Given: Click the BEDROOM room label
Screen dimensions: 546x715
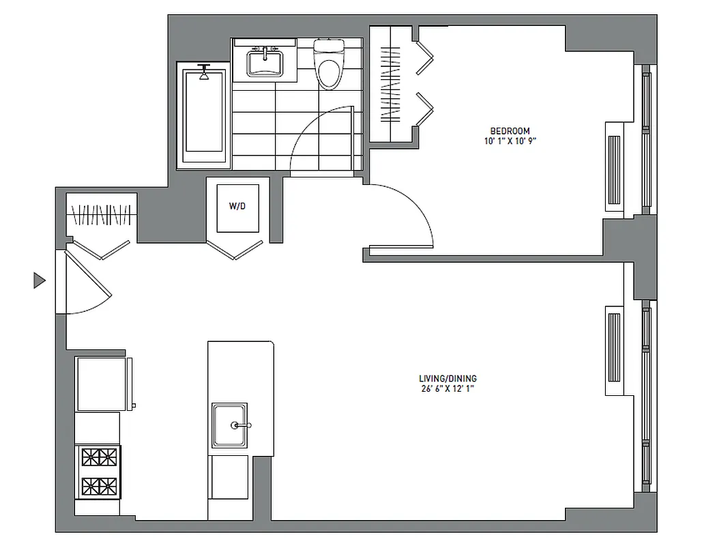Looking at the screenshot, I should tap(510, 131).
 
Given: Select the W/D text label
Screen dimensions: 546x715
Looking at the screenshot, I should tap(237, 207).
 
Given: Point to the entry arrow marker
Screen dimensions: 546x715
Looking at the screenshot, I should tap(39, 280).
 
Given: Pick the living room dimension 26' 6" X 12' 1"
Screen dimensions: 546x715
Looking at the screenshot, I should tap(448, 389).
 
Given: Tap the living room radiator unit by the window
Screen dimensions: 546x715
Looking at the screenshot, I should tap(614, 351).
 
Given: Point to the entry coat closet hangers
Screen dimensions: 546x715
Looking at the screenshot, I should tap(101, 215).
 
